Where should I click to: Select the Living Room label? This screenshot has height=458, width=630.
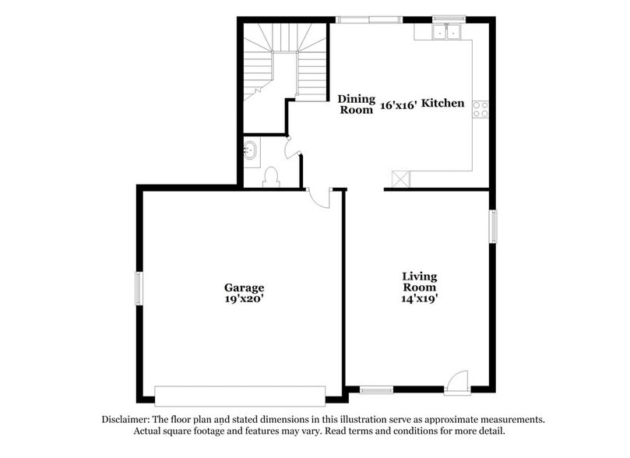pyautogui.click(x=419, y=281)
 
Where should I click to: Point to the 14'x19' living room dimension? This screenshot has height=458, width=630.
pyautogui.click(x=419, y=298)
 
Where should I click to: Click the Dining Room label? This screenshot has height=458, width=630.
pyautogui.click(x=356, y=104)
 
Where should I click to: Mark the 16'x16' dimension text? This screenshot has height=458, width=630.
pyautogui.click(x=398, y=104)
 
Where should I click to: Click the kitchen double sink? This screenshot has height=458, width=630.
pyautogui.click(x=446, y=32)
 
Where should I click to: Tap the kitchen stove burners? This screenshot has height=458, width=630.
pyautogui.click(x=480, y=110)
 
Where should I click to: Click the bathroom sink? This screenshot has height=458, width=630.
pyautogui.click(x=252, y=151)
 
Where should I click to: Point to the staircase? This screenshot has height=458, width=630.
pyautogui.click(x=284, y=62)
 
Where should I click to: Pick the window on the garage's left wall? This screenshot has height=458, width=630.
pyautogui.click(x=139, y=287)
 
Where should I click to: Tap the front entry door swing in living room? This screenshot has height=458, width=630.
pyautogui.click(x=458, y=381)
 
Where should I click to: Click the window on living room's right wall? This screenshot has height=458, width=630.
pyautogui.click(x=492, y=226)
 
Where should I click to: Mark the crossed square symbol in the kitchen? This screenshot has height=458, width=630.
pyautogui.click(x=400, y=178)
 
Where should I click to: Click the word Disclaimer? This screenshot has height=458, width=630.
pyautogui.click(x=127, y=419)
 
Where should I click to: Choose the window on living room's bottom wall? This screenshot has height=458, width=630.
pyautogui.click(x=376, y=390)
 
